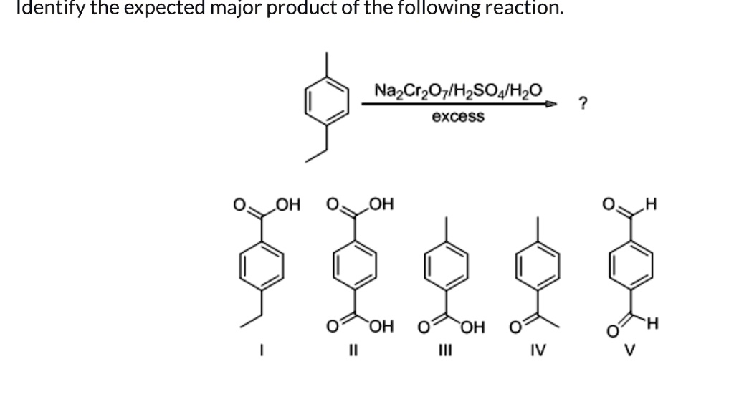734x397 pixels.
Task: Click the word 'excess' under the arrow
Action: [458, 117]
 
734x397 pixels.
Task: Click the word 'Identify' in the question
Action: [41, 9]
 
